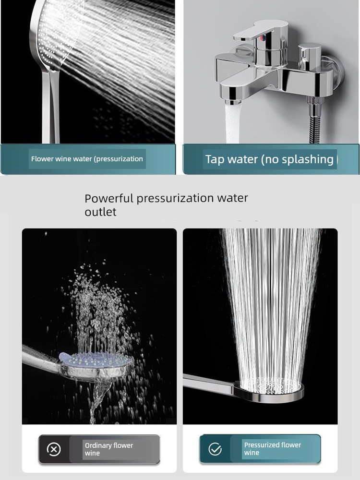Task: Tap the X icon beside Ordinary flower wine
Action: tap(54, 449)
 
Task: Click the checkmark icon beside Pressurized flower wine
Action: tap(215, 449)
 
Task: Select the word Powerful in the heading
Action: tap(109, 198)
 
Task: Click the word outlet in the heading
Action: tap(100, 212)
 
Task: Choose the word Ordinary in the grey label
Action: tap(98, 445)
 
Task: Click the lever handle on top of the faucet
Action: tap(260, 30)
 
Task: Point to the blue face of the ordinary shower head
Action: tap(96, 360)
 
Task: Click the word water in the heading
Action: tap(232, 198)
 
